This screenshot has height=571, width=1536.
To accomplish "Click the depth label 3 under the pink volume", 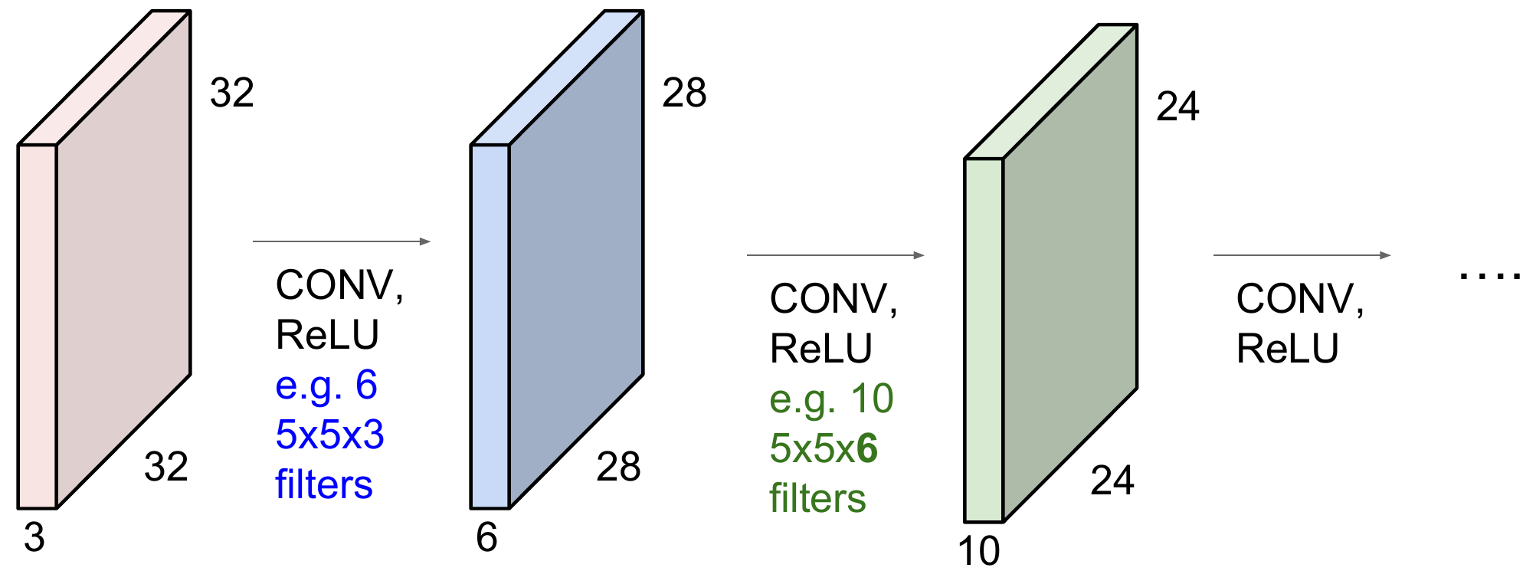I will (x=34, y=537).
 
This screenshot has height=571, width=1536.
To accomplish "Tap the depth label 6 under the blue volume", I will (x=486, y=537).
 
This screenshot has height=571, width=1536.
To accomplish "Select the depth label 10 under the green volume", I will (x=979, y=551).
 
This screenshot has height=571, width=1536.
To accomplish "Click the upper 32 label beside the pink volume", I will (x=232, y=93).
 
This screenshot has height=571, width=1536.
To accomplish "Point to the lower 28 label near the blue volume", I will (x=618, y=467).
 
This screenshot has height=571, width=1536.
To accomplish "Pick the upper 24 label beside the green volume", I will (x=1177, y=107).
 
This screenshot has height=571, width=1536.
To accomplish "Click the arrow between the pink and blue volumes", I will (x=342, y=241).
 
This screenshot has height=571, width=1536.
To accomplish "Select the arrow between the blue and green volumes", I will (x=836, y=255).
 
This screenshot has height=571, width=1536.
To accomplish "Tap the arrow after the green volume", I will (x=1302, y=255).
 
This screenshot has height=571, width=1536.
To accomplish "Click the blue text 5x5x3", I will (x=329, y=435).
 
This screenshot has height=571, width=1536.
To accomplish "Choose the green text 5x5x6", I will (x=824, y=448).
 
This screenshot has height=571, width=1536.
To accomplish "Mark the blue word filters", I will (x=324, y=484).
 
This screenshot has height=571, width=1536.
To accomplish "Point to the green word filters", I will (x=817, y=498).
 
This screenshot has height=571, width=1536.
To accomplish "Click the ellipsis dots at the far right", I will (x=1489, y=275).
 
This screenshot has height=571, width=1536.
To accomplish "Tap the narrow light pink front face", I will (x=38, y=326).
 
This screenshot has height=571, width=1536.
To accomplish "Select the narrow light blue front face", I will (x=490, y=326).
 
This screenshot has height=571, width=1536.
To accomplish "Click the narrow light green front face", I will (x=984, y=340).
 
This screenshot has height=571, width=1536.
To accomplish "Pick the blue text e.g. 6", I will (x=326, y=385).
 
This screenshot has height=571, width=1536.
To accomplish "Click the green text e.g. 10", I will (x=831, y=399).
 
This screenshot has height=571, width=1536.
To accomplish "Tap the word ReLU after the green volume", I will (x=1287, y=349).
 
